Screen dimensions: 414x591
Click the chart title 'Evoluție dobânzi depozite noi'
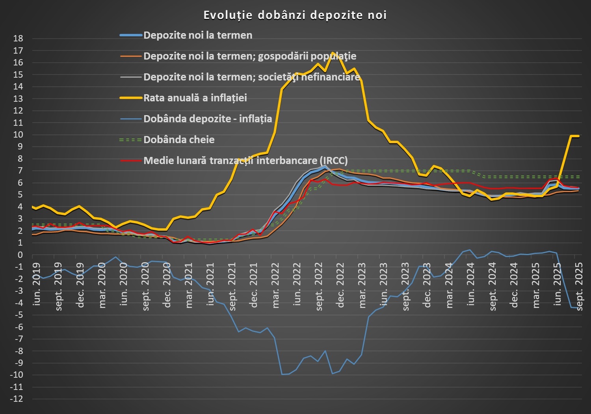click(x=295, y=15)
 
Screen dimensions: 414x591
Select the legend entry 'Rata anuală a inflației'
click(x=195, y=98)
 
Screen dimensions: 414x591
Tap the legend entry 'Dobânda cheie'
click(x=179, y=140)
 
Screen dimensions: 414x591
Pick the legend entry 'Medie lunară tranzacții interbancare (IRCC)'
click(x=245, y=160)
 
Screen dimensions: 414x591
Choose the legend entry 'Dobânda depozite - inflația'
click(x=208, y=119)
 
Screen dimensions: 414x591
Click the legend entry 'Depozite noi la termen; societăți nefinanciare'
click(x=252, y=77)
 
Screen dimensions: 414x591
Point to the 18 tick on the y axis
click(x=18, y=39)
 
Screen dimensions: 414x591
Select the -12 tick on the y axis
click(x=17, y=399)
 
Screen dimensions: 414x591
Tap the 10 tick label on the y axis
click(x=18, y=135)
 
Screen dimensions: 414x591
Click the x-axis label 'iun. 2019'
click(x=37, y=284)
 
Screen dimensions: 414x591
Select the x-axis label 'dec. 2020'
click(x=167, y=285)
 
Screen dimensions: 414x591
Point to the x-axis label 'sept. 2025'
click(x=579, y=286)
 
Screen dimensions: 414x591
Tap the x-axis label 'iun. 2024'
click(x=470, y=284)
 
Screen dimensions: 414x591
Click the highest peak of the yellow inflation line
click(x=333, y=52)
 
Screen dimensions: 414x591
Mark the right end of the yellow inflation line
click(x=578, y=136)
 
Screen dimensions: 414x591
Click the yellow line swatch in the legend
click(x=131, y=98)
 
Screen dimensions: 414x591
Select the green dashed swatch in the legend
click(x=131, y=140)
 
